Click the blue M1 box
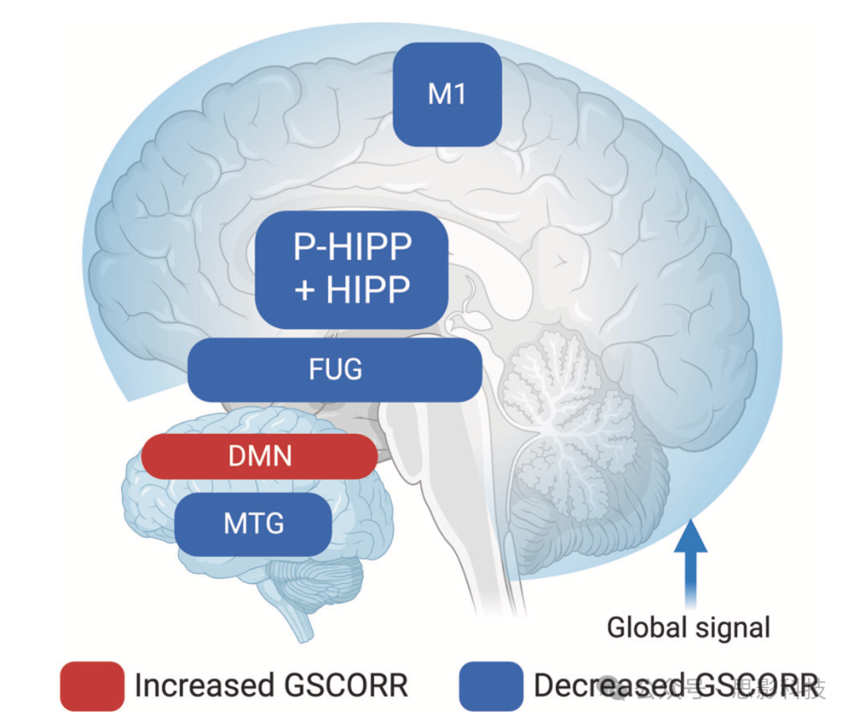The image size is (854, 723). pyautogui.click(x=447, y=95)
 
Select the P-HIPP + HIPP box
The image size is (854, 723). pyautogui.click(x=352, y=269)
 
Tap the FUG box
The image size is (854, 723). pyautogui.click(x=335, y=369)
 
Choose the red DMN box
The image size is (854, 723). pyautogui.click(x=259, y=456)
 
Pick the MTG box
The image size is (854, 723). pyautogui.click(x=253, y=523)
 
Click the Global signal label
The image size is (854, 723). pyautogui.click(x=688, y=628)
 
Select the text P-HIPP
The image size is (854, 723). pyautogui.click(x=353, y=248)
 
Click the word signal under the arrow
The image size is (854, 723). pyautogui.click(x=729, y=629)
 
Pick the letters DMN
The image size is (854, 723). pyautogui.click(x=259, y=456)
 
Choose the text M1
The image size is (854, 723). pyautogui.click(x=447, y=95)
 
